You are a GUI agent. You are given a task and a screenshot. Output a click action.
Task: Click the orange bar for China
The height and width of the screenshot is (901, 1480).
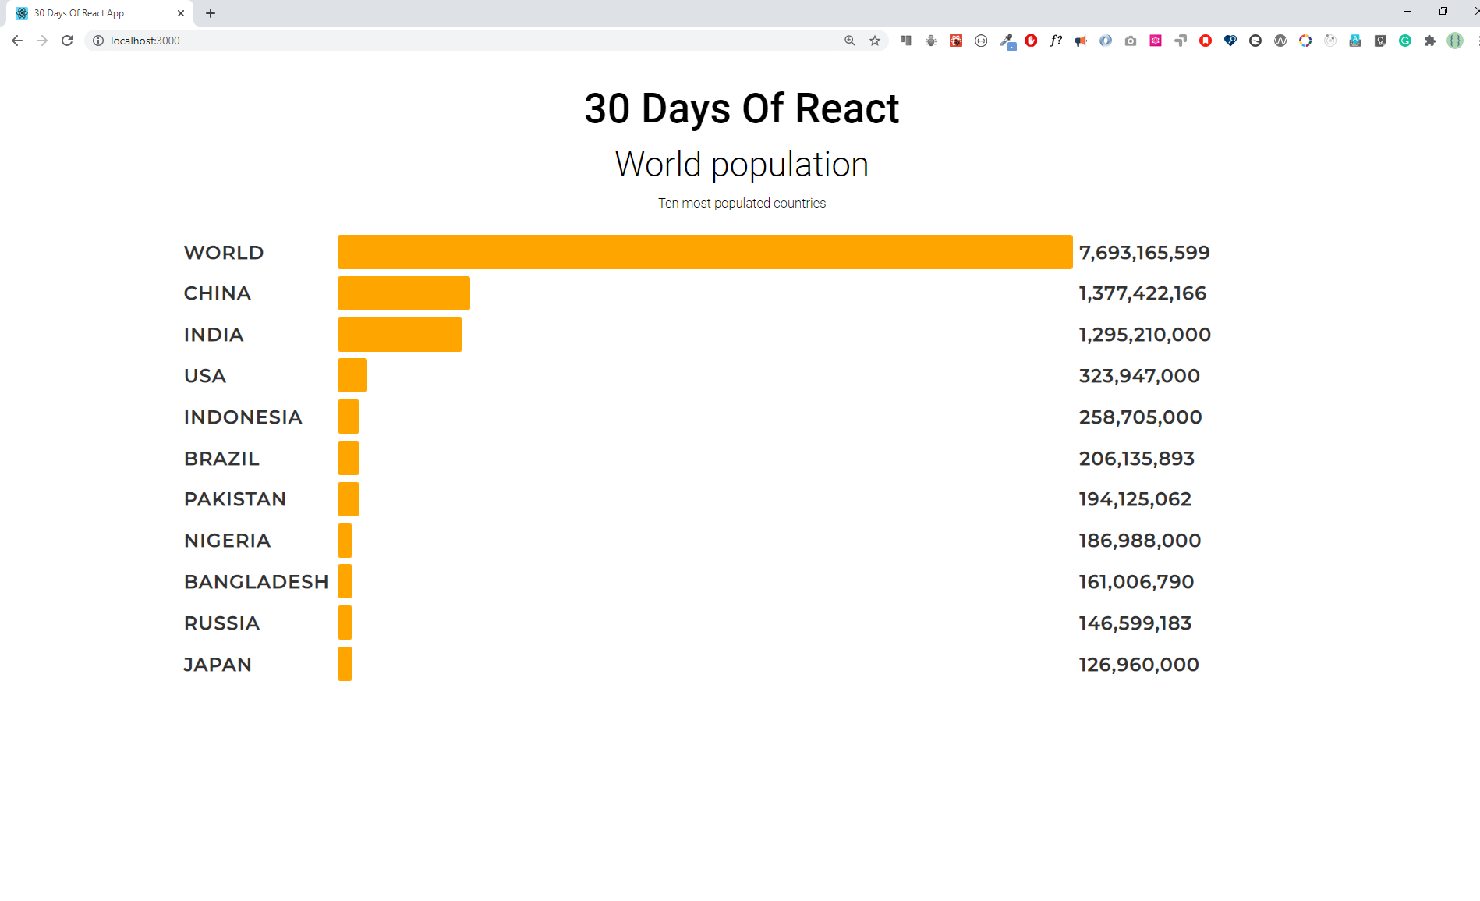pos(403,293)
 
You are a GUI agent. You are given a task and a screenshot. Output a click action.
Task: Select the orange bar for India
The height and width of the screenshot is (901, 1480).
pos(399,335)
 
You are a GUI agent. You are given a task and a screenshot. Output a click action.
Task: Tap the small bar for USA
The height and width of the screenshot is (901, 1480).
pos(352,375)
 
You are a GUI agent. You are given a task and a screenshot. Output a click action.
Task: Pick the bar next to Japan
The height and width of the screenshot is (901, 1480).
pos(345,664)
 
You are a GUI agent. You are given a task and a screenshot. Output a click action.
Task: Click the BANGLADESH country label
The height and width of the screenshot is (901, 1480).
pos(256,582)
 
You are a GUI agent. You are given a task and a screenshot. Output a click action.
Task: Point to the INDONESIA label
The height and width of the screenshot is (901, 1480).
pos(243,417)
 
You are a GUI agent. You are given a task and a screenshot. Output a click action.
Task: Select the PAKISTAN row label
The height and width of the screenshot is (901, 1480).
pos(235,499)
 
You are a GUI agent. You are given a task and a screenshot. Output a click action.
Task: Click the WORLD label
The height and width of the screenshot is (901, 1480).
pos(224,253)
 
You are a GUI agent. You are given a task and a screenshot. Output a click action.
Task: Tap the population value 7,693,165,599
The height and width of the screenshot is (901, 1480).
pos(1144,253)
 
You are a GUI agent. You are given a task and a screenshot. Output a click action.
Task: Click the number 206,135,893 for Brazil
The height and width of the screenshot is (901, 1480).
pos(1136,459)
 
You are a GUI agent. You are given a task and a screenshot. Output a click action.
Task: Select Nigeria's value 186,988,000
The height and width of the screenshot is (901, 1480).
pos(1139,541)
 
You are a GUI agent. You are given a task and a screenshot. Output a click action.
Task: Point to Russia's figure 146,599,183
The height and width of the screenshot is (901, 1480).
pos(1135,623)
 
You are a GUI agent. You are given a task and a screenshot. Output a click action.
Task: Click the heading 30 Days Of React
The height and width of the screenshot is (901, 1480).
pos(741,108)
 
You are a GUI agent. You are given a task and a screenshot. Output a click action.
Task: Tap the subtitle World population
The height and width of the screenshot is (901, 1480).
pos(741,165)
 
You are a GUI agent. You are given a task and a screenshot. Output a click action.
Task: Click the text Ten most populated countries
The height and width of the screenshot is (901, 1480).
pos(741,203)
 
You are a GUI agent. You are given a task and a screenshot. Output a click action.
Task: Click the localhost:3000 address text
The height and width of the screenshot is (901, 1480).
pos(145,41)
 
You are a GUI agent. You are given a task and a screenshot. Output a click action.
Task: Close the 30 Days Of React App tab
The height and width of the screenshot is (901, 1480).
pos(181,13)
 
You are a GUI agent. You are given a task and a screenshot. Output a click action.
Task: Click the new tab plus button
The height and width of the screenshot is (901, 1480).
pos(211,13)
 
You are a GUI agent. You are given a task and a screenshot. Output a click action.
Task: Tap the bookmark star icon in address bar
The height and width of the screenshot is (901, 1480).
pos(875,41)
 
